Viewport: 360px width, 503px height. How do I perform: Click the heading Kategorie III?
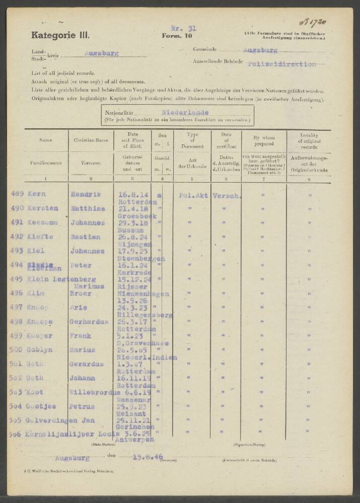click(60, 35)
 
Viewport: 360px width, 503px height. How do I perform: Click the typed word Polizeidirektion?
click(282, 64)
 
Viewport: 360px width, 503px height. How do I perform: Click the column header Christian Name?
click(91, 140)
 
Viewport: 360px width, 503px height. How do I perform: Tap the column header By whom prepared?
click(264, 140)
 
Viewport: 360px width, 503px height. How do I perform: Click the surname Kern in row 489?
click(37, 194)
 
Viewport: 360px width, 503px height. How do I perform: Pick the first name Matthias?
click(91, 208)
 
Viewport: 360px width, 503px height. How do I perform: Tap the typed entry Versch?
click(226, 194)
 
